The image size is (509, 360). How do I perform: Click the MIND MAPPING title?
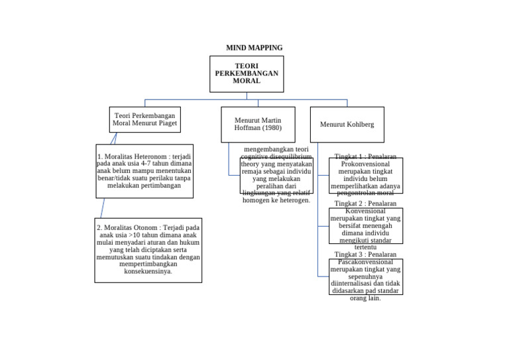[x=254, y=48]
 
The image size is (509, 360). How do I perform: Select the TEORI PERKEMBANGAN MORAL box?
[x=247, y=74]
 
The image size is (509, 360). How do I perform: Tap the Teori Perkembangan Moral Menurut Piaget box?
[x=144, y=119]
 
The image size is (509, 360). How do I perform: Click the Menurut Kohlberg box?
[x=347, y=124]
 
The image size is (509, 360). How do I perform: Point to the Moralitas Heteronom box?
[x=144, y=171]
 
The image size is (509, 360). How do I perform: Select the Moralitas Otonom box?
[x=148, y=250]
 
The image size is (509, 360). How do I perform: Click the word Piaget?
[x=164, y=123]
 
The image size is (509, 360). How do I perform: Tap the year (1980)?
[x=272, y=128]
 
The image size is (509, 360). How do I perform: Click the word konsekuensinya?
[x=148, y=271]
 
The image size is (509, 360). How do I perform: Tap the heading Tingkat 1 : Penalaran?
[x=365, y=156]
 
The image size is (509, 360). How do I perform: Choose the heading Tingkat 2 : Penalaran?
[x=365, y=204]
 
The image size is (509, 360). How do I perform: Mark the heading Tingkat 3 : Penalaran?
[x=365, y=255]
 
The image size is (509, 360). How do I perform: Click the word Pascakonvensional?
[x=365, y=262]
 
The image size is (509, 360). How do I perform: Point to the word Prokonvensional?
[x=365, y=163]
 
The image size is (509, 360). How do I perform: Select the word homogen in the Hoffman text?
[x=257, y=200]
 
